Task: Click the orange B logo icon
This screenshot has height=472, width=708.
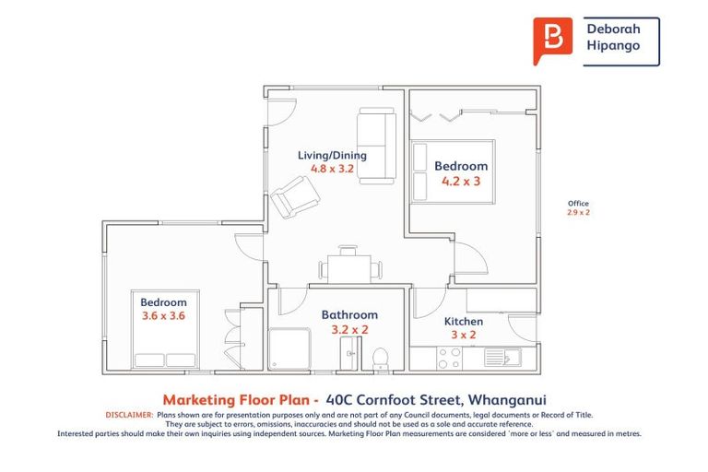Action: (x=552, y=41)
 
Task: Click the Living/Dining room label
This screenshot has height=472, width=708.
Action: (x=332, y=155)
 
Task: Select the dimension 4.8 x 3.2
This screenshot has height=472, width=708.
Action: (x=332, y=170)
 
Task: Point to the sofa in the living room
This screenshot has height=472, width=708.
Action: (x=376, y=146)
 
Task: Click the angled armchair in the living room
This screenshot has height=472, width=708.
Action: (x=296, y=195)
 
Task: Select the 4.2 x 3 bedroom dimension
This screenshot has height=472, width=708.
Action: (x=461, y=182)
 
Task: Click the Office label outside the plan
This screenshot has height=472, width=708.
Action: (x=578, y=204)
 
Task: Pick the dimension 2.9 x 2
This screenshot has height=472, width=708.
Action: (x=578, y=213)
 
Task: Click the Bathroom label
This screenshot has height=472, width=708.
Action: (x=349, y=314)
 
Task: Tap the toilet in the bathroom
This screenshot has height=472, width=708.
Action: (x=379, y=356)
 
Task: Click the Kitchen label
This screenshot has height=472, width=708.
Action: (x=464, y=321)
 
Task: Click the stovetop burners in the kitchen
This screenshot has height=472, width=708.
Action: (x=449, y=358)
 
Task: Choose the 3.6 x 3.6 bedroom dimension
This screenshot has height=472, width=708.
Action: (x=163, y=315)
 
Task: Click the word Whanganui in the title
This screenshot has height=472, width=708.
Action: (x=519, y=400)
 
